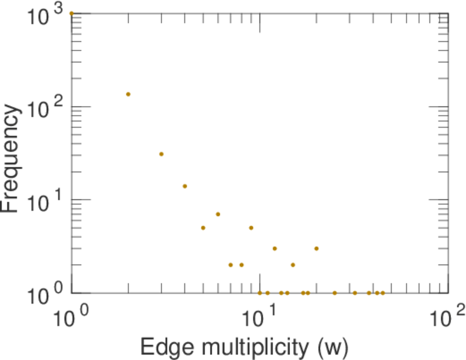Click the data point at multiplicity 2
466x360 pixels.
click(128, 94)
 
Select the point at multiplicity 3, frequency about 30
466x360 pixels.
click(161, 154)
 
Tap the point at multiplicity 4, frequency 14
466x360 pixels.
click(185, 186)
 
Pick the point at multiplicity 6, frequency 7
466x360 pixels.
click(218, 214)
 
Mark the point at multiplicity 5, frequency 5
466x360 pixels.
click(203, 228)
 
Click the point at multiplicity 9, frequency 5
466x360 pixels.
click(251, 228)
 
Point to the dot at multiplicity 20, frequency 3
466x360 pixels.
click(316, 248)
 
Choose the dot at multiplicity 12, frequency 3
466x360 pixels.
click(274, 248)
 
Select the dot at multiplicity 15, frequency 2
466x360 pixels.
click(292, 265)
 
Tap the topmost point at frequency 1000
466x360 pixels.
click(71, 13)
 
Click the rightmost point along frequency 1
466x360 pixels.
click(383, 293)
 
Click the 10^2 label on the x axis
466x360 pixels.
click(447, 314)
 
